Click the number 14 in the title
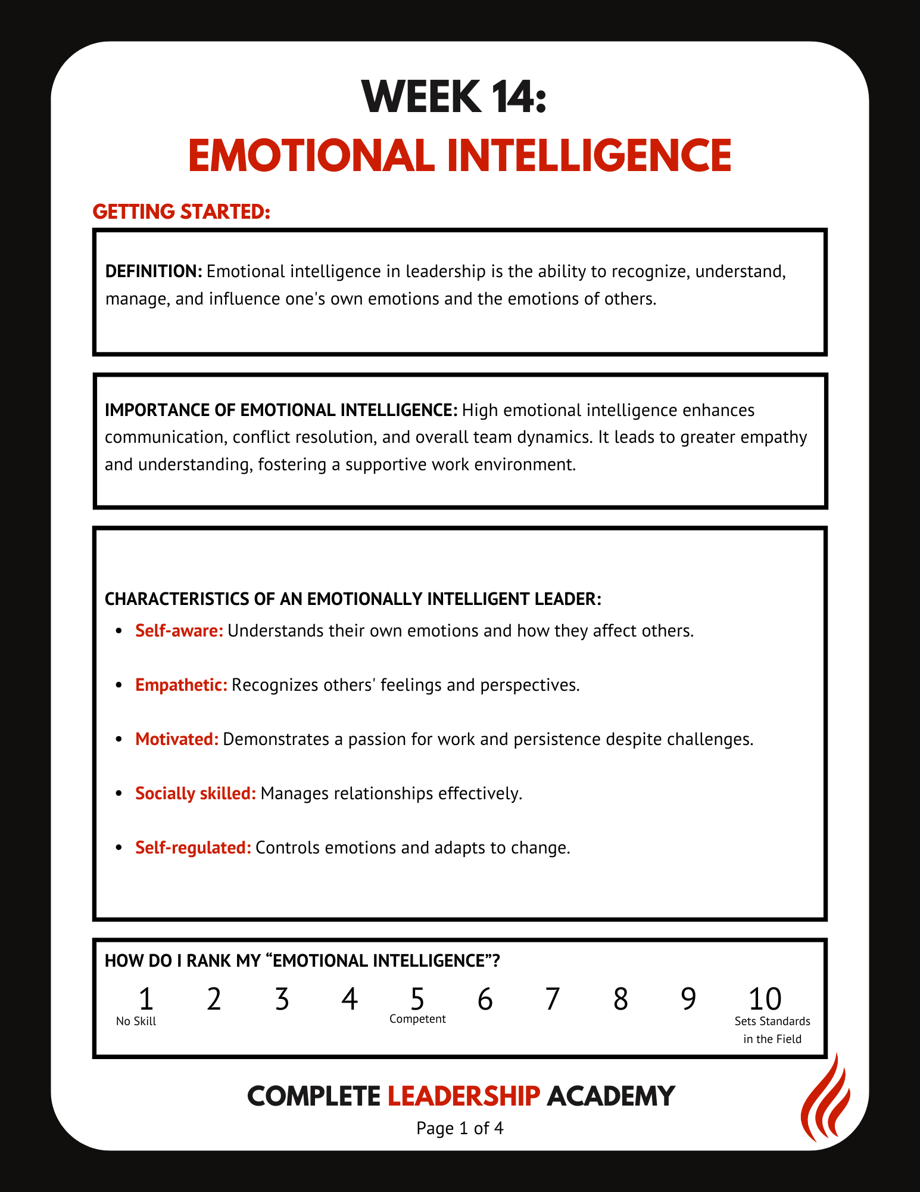508,97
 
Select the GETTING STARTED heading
182,212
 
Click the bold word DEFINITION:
154,271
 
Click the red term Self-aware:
179,631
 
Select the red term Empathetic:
181,685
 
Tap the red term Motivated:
177,739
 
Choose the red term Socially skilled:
195,793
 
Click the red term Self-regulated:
193,848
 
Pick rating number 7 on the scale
553,999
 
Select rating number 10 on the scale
765,999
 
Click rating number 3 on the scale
282,999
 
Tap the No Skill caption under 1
136,1021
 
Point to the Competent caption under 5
417,1019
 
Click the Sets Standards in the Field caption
772,1030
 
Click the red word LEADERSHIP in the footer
464,1095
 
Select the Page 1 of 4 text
460,1128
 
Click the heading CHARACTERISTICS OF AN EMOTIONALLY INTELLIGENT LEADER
353,598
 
